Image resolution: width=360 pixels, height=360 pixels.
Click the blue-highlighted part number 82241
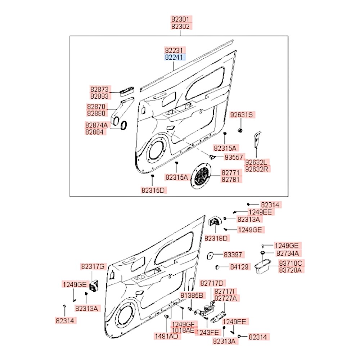tap(175, 57)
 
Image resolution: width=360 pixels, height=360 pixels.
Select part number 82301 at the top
tap(181, 19)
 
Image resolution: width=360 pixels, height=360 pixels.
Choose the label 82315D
tap(154, 190)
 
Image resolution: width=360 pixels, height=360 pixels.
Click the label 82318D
tap(217, 238)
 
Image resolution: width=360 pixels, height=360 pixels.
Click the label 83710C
tap(291, 263)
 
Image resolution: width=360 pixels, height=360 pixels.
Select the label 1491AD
tap(166, 336)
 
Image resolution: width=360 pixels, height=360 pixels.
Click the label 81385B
tap(192, 295)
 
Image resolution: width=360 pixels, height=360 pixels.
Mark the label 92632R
tap(258, 169)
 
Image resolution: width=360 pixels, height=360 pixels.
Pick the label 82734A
tap(290, 253)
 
